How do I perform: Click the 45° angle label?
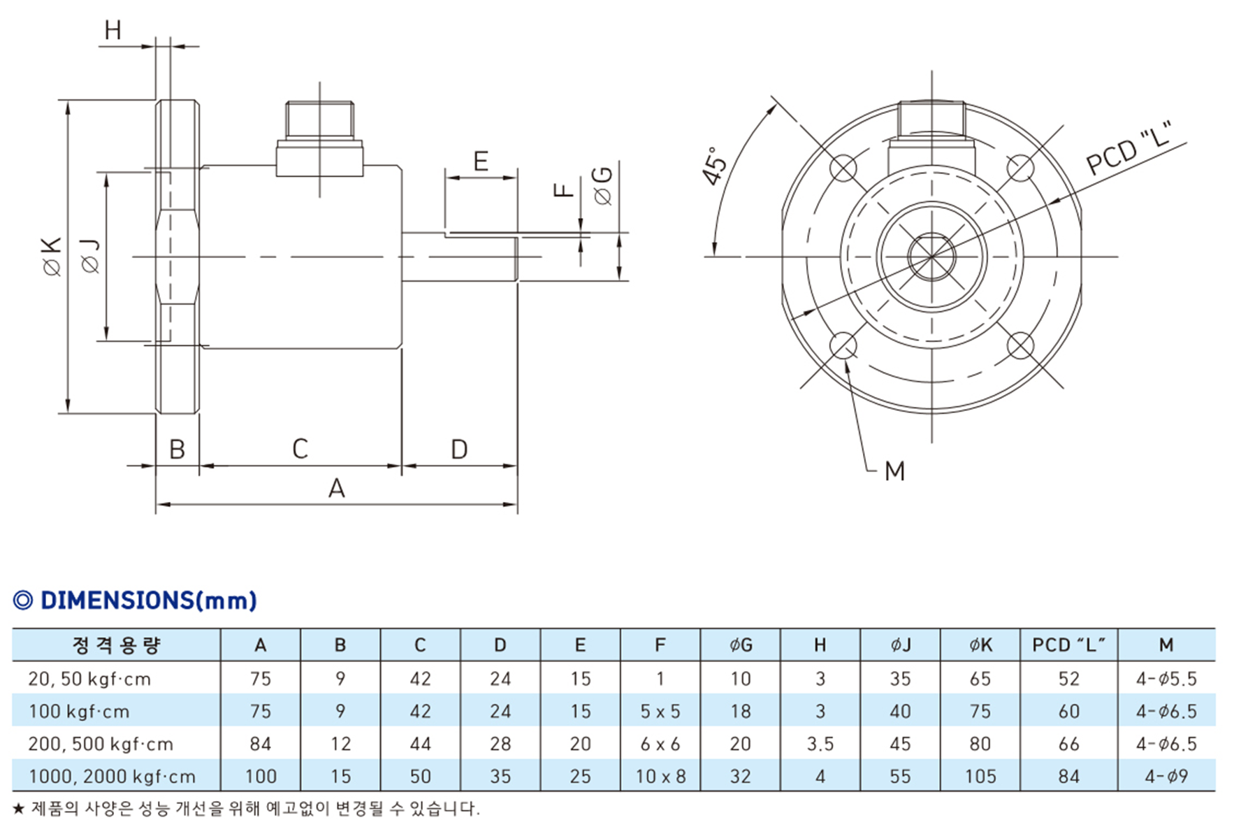click(715, 166)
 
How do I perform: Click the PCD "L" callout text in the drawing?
click(1128, 149)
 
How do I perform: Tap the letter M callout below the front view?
click(894, 471)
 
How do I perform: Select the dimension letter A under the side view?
click(337, 488)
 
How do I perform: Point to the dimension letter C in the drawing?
click(300, 449)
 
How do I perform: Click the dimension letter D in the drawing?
click(458, 449)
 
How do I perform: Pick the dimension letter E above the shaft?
click(480, 161)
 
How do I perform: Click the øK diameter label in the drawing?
click(52, 257)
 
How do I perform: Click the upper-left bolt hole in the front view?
click(843, 168)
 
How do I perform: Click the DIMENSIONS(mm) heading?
click(135, 600)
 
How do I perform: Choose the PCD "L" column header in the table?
click(1068, 645)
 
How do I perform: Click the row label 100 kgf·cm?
click(79, 712)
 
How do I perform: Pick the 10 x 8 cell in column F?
click(660, 777)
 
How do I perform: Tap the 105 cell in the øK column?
click(980, 777)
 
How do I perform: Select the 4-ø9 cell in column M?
click(1166, 777)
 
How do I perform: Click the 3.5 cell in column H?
click(820, 745)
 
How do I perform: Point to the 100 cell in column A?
click(260, 777)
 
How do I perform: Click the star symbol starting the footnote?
click(19, 809)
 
